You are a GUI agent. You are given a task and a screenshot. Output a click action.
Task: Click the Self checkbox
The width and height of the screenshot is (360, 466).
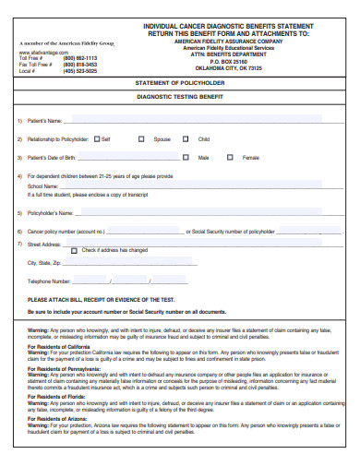(x=97, y=139)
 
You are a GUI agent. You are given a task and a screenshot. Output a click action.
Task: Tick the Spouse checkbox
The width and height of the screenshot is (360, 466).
(x=141, y=139)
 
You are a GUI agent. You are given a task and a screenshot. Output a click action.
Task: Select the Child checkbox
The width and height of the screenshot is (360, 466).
(x=191, y=139)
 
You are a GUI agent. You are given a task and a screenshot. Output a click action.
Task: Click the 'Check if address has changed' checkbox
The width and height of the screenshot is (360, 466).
(x=76, y=250)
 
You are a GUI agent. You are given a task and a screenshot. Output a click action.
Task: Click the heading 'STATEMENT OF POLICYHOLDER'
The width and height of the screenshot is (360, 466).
(x=181, y=82)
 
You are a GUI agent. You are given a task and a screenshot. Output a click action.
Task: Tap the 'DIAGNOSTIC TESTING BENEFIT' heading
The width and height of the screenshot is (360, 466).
(x=181, y=96)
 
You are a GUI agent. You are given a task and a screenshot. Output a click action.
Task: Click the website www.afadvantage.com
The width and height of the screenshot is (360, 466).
(x=38, y=53)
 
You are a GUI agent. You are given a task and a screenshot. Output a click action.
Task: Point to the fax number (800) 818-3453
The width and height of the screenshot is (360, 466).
(x=79, y=65)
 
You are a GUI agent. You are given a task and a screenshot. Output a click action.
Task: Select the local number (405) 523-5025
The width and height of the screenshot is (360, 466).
(x=79, y=71)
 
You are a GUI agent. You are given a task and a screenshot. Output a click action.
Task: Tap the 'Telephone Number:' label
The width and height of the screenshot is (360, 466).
(x=49, y=281)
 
